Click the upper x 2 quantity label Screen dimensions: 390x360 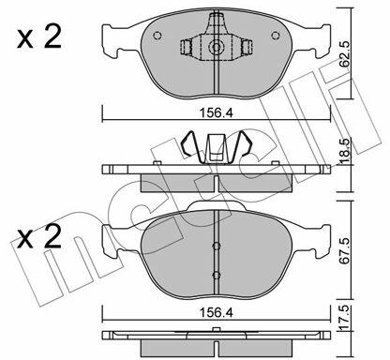(x=39, y=37)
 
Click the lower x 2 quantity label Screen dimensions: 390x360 (x=39, y=236)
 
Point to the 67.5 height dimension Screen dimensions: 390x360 (x=345, y=250)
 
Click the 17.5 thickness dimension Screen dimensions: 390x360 (x=345, y=318)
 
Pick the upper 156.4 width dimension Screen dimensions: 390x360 (x=217, y=113)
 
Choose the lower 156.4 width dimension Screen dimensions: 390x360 (x=217, y=312)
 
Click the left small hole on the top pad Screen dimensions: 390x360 (x=157, y=36)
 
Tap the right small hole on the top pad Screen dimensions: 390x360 (x=276, y=36)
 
